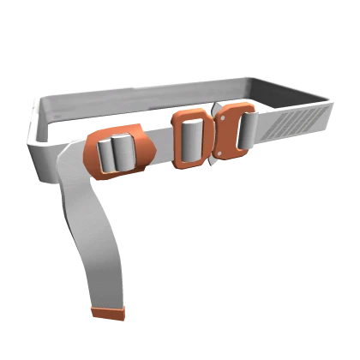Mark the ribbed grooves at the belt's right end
point(296,125)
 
